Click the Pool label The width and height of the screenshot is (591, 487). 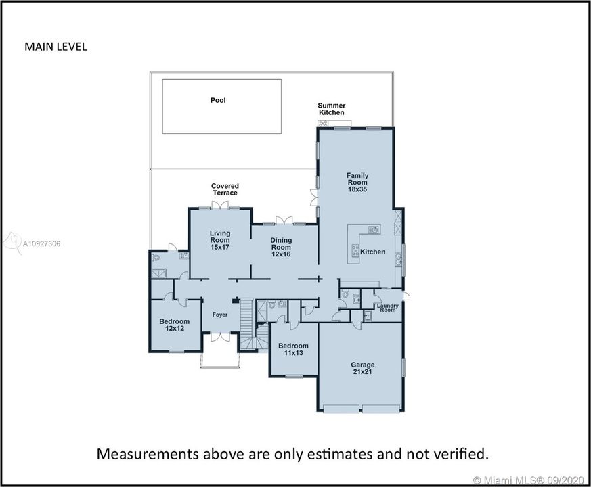point(218,100)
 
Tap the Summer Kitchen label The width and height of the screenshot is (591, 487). point(331,109)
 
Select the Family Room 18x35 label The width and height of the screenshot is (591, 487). point(357,183)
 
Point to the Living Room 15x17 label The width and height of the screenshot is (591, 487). point(220,240)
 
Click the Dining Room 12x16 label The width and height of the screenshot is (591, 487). point(281,247)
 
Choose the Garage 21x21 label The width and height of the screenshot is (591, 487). point(363,368)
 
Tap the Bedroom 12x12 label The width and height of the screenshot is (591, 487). point(174,325)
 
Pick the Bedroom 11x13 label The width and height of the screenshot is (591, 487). point(293,349)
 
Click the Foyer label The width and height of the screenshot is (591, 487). point(220,315)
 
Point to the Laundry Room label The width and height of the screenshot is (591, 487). point(387,308)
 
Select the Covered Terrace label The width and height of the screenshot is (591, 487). point(225,189)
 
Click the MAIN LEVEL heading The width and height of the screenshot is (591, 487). point(56,47)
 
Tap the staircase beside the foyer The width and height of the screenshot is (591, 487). point(247,324)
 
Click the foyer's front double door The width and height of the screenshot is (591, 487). point(220,337)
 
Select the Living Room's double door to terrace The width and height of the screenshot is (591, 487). point(220,204)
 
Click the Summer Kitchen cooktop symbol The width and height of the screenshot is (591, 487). point(323,123)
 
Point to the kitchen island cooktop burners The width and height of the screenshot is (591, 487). point(355,250)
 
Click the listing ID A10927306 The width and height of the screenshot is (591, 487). point(41,243)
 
